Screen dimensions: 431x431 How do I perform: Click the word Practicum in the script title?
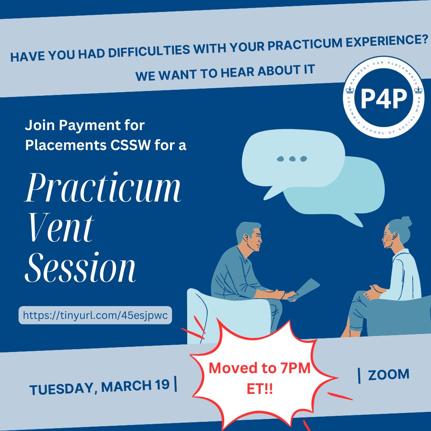[x=103, y=190]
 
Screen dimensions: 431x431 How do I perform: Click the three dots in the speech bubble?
[x=292, y=159]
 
